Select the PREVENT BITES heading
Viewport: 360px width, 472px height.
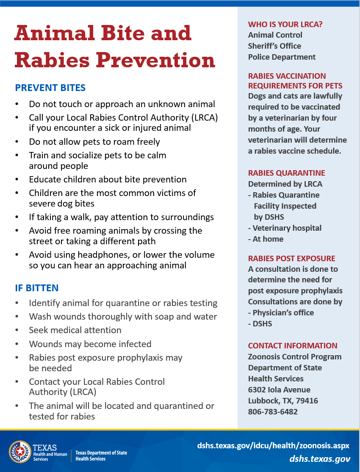[x=50, y=88]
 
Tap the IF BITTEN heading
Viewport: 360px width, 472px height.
[x=37, y=288]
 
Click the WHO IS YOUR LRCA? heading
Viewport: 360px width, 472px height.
[x=285, y=24]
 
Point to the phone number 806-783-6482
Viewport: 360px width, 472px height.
[x=273, y=411]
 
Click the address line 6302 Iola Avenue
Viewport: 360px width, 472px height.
[x=279, y=389]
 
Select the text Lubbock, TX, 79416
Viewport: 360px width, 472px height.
[x=283, y=400]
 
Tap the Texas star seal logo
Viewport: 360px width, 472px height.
[x=20, y=452]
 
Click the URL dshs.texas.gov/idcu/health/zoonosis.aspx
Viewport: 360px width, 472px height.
[x=273, y=446]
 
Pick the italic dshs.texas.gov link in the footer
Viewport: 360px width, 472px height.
[x=320, y=459]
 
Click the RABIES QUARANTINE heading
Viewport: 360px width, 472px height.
[x=287, y=173]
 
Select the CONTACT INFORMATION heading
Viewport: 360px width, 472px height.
[x=293, y=345]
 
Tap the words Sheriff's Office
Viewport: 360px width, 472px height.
[x=274, y=46]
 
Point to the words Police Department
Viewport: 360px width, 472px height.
[x=282, y=57]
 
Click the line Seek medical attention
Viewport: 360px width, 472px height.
[x=75, y=330]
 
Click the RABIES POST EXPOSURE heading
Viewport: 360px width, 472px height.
[x=291, y=258]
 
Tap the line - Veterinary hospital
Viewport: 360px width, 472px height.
[x=285, y=228]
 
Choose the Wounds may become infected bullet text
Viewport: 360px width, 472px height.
[x=90, y=344]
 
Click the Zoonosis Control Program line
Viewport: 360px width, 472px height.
[x=295, y=356]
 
